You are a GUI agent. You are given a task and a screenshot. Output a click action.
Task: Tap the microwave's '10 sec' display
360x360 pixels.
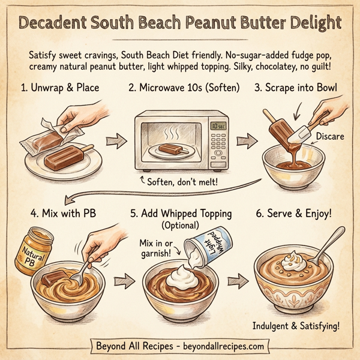[217, 127]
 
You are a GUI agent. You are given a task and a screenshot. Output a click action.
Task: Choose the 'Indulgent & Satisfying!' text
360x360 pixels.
[297, 326]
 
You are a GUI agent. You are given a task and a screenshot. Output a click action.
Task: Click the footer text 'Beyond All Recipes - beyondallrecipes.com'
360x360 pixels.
[180, 346]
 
